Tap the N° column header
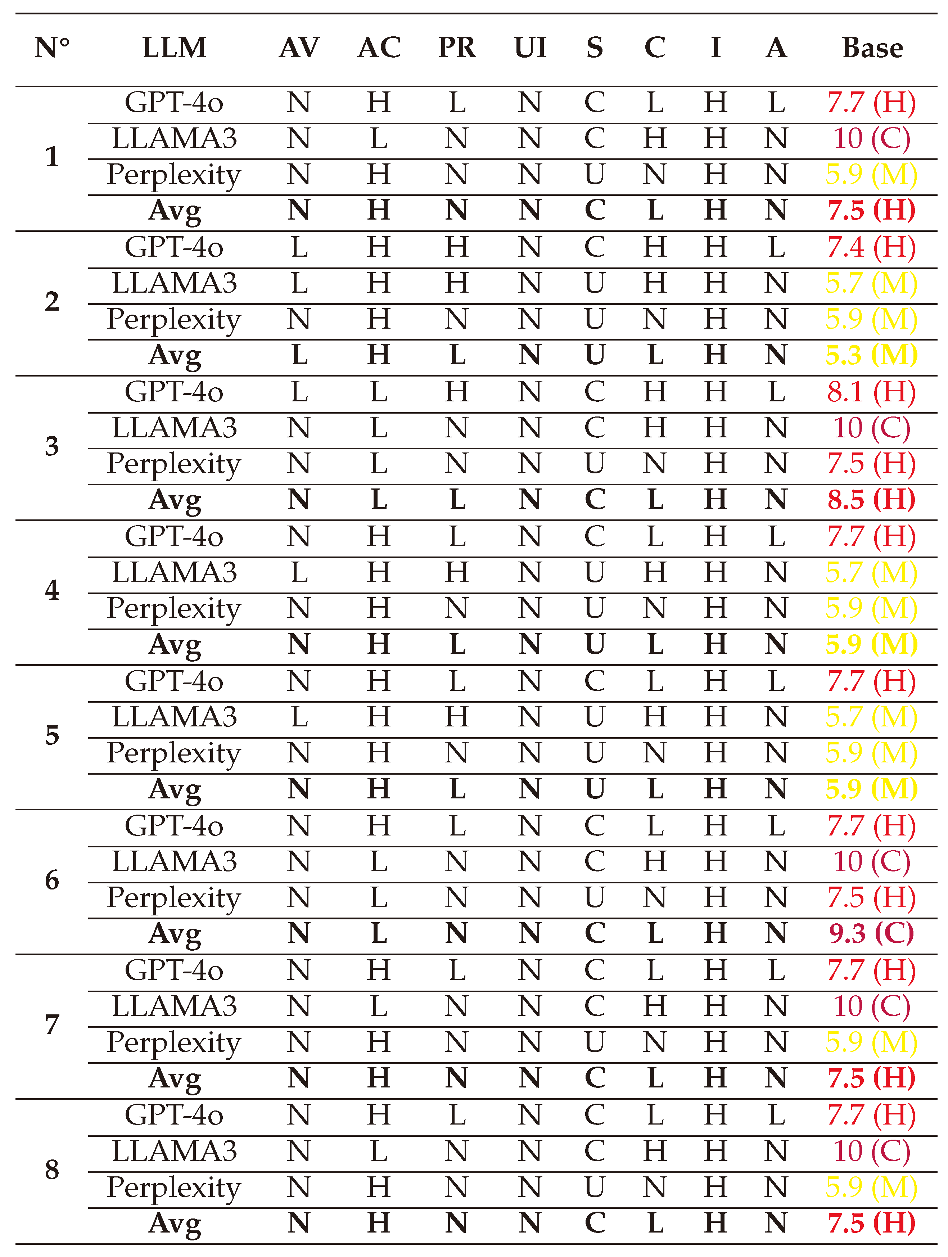(52, 48)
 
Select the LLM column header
(175, 48)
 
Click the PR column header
(457, 48)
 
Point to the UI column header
(530, 48)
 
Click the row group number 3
(52, 446)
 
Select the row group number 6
(52, 880)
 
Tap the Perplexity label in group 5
(175, 753)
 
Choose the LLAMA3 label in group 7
(175, 1006)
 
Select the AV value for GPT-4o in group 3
(299, 392)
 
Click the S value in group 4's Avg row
(594, 644)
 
